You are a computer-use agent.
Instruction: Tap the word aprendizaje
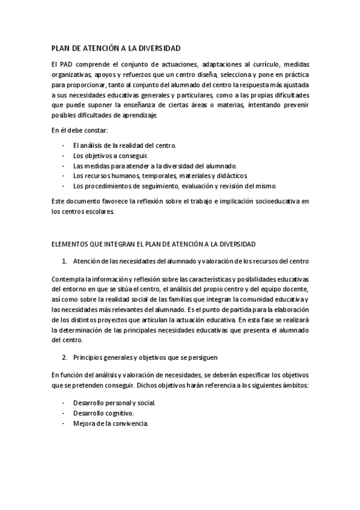pyautogui.click(x=137, y=115)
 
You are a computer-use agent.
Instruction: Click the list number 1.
pyautogui.click(x=64, y=261)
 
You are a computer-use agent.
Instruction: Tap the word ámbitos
pyautogui.click(x=294, y=385)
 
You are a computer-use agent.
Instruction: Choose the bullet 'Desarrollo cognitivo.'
pyautogui.click(x=103, y=414)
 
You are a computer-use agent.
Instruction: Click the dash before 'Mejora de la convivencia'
pyautogui.click(x=64, y=423)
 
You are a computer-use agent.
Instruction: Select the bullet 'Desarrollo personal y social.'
pyautogui.click(x=114, y=404)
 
